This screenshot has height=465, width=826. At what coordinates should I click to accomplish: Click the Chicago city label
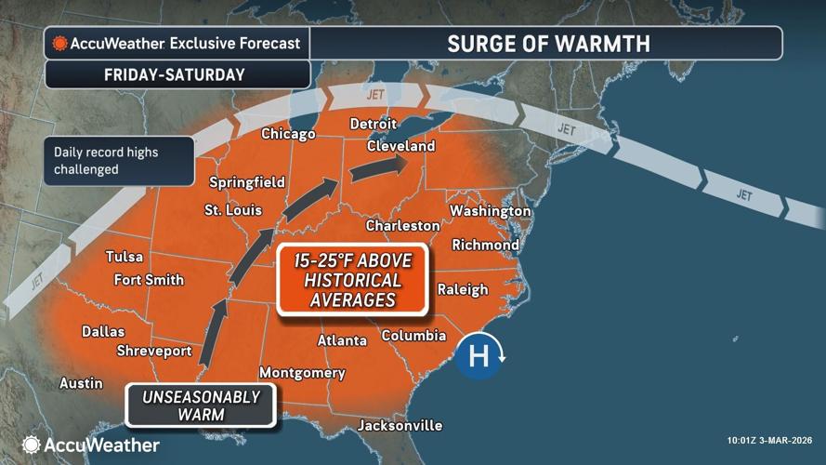click(288, 134)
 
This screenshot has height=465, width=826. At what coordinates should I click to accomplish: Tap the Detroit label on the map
click(373, 124)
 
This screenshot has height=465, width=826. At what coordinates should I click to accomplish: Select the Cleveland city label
click(400, 147)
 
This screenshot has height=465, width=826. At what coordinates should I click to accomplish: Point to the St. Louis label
click(232, 210)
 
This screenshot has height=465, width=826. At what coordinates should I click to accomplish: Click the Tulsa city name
click(124, 257)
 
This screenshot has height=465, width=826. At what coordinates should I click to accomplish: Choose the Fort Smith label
click(149, 279)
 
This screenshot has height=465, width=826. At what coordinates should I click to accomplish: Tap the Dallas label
click(103, 331)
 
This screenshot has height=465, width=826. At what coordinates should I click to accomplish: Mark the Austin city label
click(81, 382)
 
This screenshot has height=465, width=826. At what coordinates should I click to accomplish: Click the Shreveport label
click(154, 351)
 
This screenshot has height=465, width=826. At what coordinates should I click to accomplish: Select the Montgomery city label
click(302, 373)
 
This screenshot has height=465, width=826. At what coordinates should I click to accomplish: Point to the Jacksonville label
click(400, 425)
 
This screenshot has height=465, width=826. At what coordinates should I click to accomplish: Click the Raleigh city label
click(462, 288)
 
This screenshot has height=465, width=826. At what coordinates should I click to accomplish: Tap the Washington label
click(490, 211)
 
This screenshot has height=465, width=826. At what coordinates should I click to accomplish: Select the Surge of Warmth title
click(547, 44)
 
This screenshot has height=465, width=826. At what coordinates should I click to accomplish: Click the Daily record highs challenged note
click(118, 160)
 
